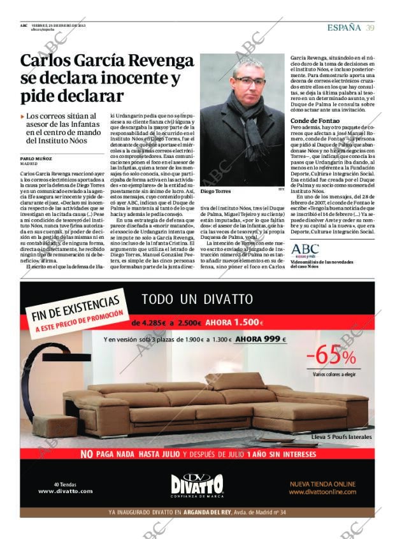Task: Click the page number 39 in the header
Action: [370, 27]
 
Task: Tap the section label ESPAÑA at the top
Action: [344, 27]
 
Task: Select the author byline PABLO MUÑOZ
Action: [35, 159]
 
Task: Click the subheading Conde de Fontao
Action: [314, 120]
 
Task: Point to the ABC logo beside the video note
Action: [305, 249]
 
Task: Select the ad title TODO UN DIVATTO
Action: [197, 299]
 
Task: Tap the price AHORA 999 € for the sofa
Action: [261, 339]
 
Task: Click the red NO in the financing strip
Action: [87, 454]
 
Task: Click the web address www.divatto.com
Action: [65, 491]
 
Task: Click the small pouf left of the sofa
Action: [54, 424]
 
